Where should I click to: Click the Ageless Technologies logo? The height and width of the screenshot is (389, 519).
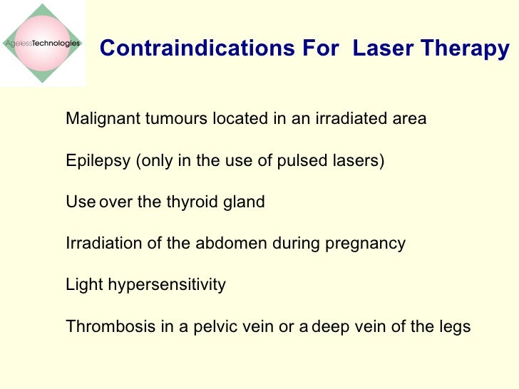point(42,43)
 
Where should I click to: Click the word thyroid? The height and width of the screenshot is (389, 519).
point(189,202)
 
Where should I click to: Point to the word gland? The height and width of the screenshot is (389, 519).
point(242,202)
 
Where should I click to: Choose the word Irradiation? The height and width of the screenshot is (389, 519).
point(99,244)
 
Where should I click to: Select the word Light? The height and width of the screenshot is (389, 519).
point(83,285)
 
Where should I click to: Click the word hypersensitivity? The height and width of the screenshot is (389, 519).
point(166,285)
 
